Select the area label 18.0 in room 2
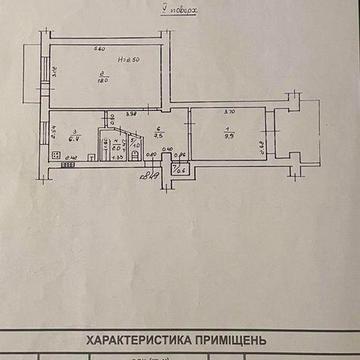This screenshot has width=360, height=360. tap(104, 83)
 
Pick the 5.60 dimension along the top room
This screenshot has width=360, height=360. tap(100, 50)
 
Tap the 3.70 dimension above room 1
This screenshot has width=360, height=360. tap(228, 112)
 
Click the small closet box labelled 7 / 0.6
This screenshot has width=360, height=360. tap(180, 167)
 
